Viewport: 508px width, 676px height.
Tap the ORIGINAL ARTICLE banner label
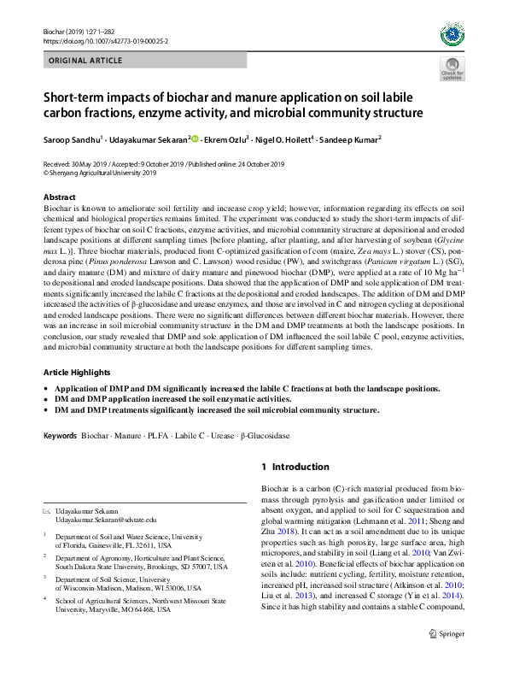coord(85,61)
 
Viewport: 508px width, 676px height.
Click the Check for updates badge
coord(452,70)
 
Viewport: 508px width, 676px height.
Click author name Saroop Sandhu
coord(71,138)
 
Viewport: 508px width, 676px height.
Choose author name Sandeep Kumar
coord(352,138)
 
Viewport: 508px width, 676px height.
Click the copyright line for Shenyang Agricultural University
coord(100,172)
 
